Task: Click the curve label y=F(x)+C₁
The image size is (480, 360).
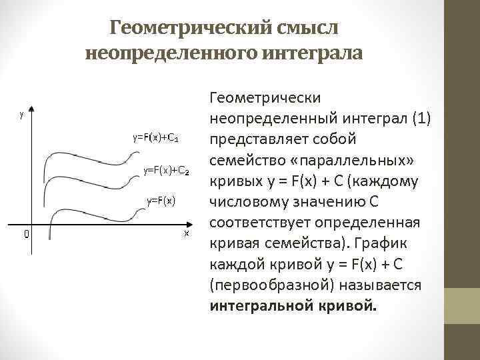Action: [x=155, y=138]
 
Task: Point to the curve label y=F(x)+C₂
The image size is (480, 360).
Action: [x=167, y=171]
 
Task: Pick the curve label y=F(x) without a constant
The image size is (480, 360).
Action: [x=161, y=200]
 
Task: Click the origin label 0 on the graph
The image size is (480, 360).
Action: [x=25, y=235]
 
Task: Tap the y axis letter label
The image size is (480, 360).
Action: [x=22, y=114]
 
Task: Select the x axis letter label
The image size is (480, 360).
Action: [x=187, y=233]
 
